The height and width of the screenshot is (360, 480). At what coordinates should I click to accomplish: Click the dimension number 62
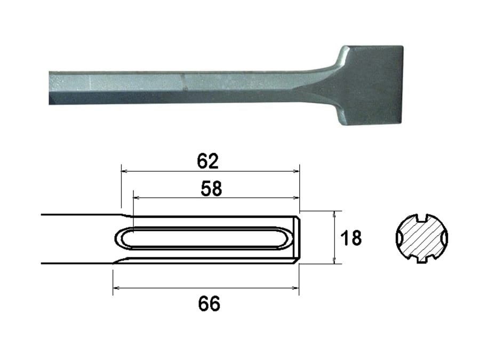208,161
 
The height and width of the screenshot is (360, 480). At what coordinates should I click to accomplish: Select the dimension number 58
211,188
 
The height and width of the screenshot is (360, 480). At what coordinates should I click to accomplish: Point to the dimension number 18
351,238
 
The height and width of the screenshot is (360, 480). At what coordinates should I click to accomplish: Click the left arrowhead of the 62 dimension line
124,171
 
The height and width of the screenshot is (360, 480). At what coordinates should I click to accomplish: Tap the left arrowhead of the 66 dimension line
116,289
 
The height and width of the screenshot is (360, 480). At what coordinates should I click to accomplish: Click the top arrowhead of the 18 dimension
335,213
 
